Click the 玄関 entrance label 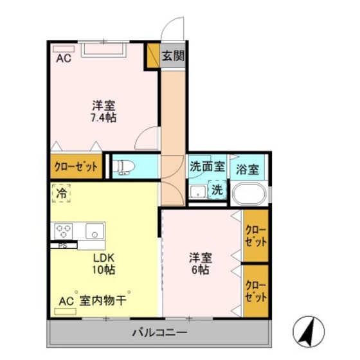(172, 56)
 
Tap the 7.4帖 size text (103, 118)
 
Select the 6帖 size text (201, 270)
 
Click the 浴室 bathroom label (248, 170)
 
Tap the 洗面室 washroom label (207, 166)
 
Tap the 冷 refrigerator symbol (62, 192)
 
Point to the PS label (62, 245)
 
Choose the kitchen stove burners (64, 231)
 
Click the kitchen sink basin (94, 230)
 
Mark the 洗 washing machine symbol (217, 190)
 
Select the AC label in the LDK (66, 300)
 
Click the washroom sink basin (198, 192)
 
